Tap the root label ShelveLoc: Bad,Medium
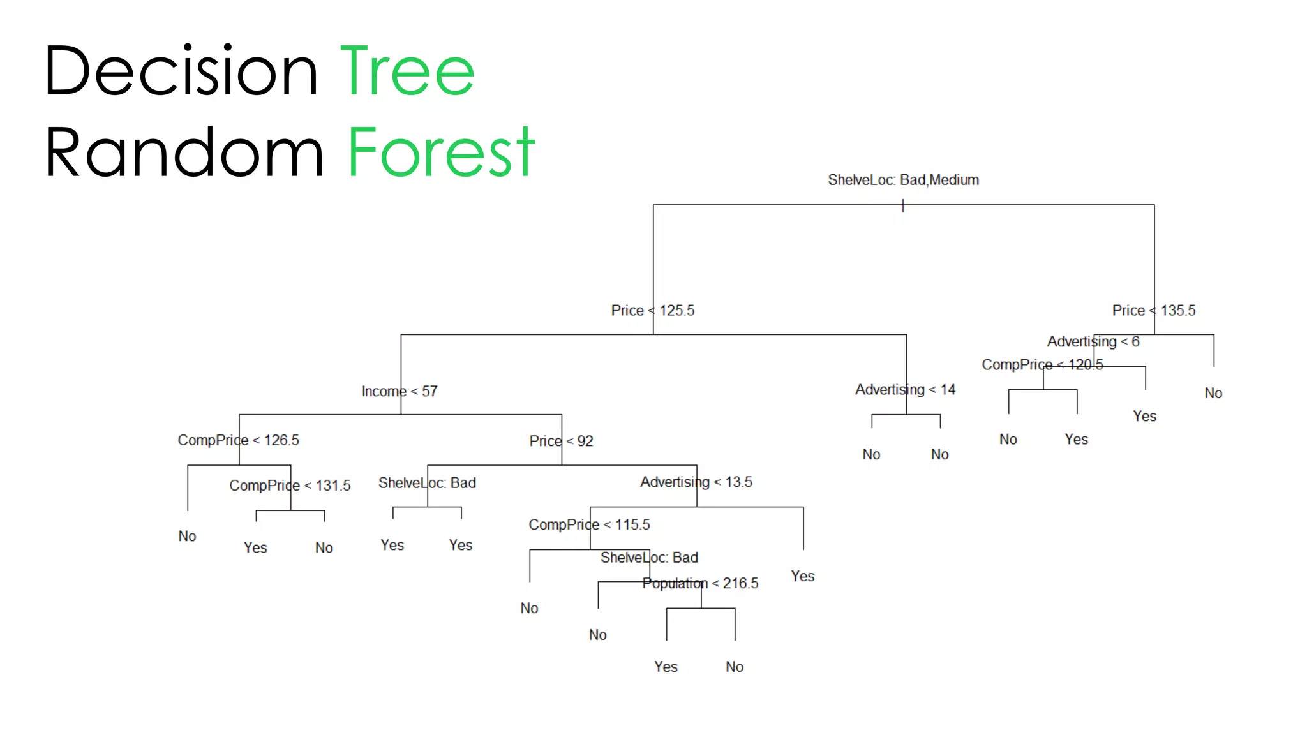coord(903,180)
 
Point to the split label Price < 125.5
coord(652,311)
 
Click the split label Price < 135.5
coord(1153,311)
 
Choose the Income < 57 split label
coord(400,391)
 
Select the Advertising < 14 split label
coord(905,390)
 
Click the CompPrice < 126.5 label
coord(238,440)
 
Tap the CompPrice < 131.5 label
coord(290,486)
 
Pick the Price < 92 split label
coord(561,441)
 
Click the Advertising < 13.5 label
coord(696,482)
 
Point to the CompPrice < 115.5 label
coord(589,524)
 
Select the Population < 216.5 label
coord(700,583)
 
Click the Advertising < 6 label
coord(1093,342)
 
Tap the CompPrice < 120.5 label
coord(1042,364)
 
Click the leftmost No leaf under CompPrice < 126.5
coord(187,536)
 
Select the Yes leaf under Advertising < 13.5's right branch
coord(802,576)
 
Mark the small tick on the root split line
coord(902,205)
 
